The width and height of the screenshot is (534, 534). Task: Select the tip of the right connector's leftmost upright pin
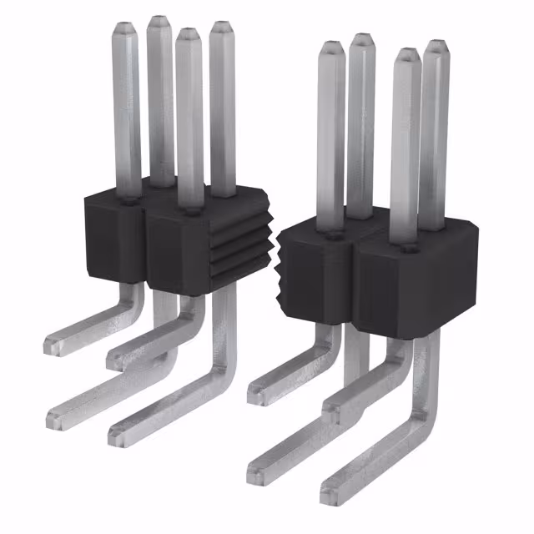tap(330, 48)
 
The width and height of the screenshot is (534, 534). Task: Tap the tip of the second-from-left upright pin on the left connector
tap(159, 22)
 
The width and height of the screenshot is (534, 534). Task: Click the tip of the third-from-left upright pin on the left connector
tap(188, 35)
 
